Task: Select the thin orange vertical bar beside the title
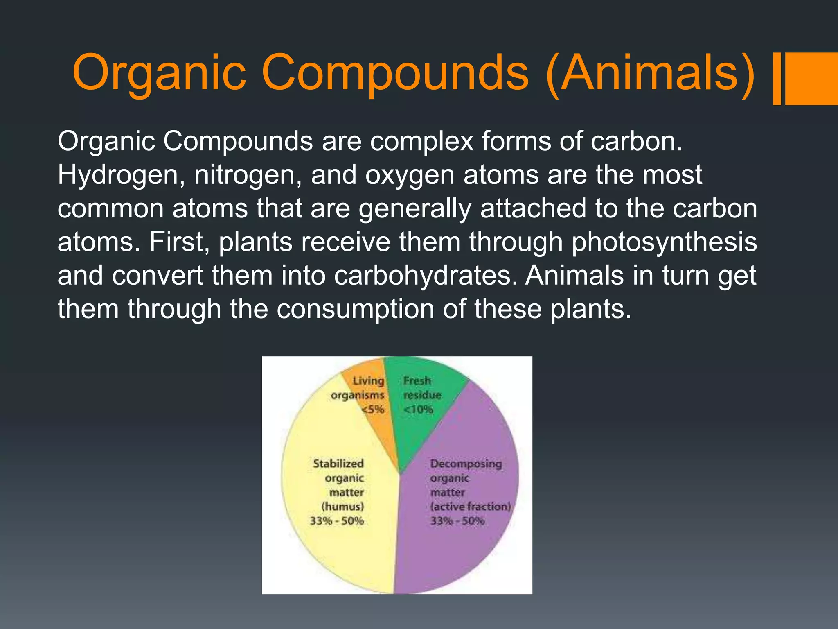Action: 777,79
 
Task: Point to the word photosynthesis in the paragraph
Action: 664,242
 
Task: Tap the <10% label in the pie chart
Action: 418,409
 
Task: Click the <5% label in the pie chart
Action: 373,409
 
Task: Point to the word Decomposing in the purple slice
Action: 466,464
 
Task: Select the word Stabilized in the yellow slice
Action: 338,464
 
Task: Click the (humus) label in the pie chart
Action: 342,507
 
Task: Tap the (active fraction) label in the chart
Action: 470,507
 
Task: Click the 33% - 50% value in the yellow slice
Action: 337,521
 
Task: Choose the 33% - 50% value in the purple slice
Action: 457,521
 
